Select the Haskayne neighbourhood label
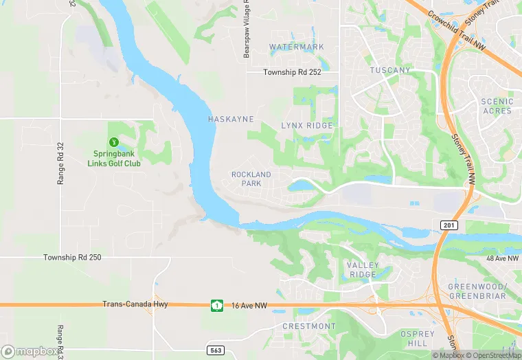pos(231,120)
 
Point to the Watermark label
pos(297,47)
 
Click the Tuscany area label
pos(390,71)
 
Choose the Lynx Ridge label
pos(307,126)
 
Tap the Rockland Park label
pos(251,179)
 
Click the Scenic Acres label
pos(497,106)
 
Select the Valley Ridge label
pos(363,270)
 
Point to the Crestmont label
pos(310,326)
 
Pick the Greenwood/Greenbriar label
pos(477,291)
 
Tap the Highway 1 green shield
pos(217,305)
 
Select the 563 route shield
pos(216,350)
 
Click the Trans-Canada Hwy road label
pos(135,304)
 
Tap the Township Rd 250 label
pos(72,258)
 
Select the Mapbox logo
pos(32,352)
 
